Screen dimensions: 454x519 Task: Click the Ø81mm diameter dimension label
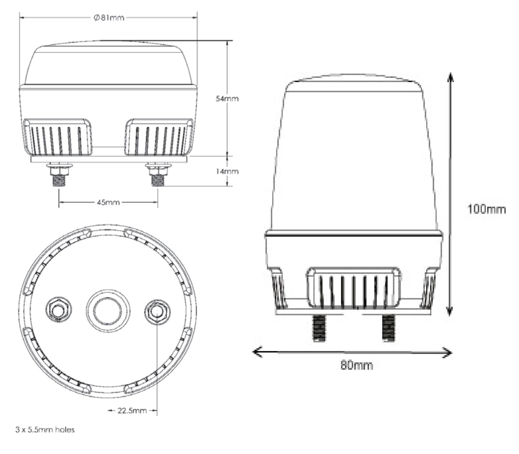coord(109,18)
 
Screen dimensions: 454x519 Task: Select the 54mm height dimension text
coord(227,99)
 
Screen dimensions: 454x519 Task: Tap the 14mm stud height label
coord(227,172)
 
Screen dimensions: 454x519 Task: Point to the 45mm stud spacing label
coord(108,202)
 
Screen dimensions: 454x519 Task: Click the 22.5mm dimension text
coord(132,410)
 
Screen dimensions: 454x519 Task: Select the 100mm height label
coord(486,209)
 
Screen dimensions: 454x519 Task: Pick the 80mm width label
coord(356,365)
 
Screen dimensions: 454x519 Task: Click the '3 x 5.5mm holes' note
coord(45,430)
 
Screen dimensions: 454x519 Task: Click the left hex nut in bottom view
coord(59,310)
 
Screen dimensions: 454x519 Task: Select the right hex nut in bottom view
coord(157,311)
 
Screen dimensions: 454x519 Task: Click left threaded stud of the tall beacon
coord(319,328)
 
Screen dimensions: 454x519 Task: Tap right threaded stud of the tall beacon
coord(388,328)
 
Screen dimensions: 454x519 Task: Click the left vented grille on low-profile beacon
coord(58,137)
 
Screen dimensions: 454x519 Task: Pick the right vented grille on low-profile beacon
coord(159,137)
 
